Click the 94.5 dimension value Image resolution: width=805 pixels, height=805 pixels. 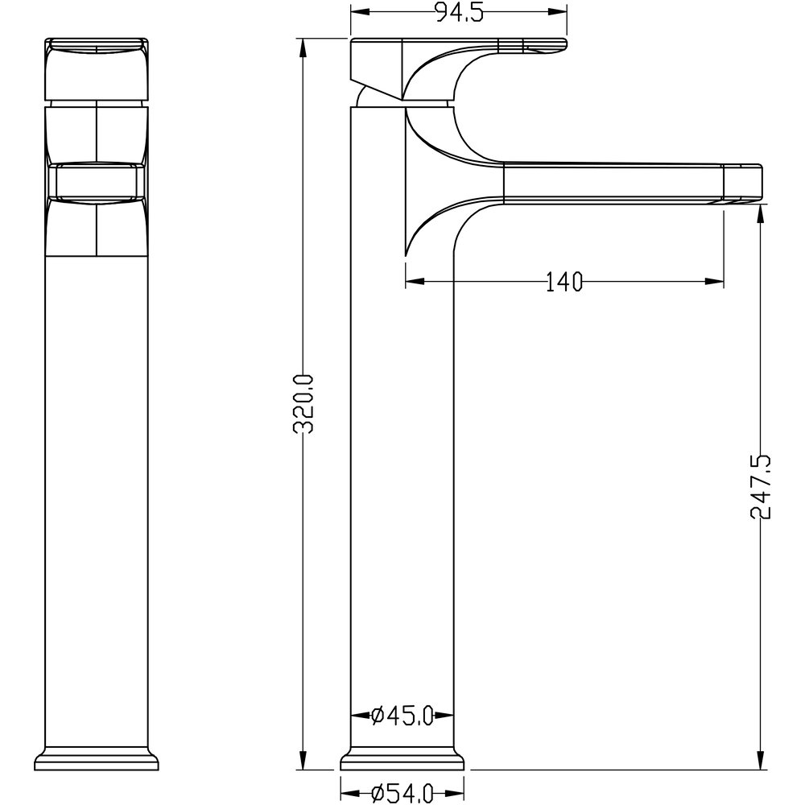[x=460, y=12]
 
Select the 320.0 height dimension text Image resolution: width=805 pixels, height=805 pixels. [x=303, y=404]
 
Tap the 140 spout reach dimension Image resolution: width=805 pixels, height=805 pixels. [x=563, y=281]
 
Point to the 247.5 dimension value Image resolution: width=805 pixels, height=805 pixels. [x=761, y=487]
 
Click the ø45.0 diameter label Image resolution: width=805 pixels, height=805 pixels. [x=402, y=715]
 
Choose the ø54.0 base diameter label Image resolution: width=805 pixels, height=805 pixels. [x=402, y=793]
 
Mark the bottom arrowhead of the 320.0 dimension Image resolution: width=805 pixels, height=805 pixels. [x=303, y=761]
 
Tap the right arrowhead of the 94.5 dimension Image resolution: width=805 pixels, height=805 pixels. [x=558, y=12]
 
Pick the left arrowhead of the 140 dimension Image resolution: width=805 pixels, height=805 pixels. [x=415, y=281]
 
